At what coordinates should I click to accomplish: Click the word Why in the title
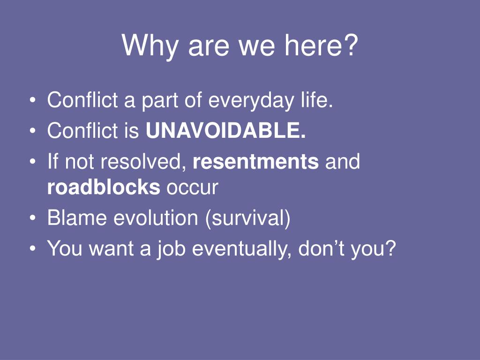point(150,45)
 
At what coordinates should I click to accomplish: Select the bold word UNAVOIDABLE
point(225,130)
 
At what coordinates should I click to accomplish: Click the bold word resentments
point(255,161)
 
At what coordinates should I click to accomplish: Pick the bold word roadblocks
point(104,187)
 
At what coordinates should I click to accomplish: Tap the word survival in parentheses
point(247,218)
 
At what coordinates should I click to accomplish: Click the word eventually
point(241,249)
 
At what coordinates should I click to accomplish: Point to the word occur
point(192,187)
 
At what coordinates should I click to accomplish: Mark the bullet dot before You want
point(32,248)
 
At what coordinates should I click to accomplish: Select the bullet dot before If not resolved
point(32,161)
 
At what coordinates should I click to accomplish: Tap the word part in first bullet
point(159,101)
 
